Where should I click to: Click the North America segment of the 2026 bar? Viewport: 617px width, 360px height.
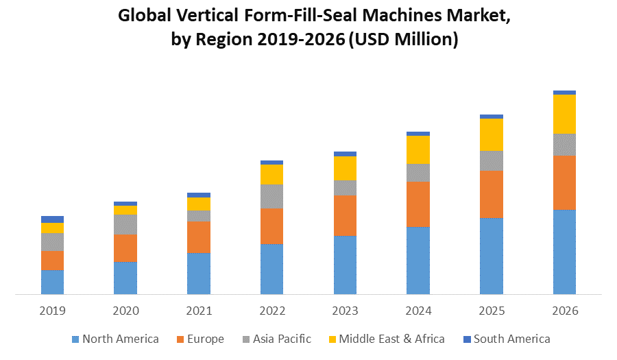(564, 252)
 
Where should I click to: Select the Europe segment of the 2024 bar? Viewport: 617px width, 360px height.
(418, 204)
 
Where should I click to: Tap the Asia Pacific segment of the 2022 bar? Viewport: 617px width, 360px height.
(272, 196)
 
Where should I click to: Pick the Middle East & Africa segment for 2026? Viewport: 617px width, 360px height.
(564, 114)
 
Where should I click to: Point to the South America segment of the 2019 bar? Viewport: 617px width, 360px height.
(53, 219)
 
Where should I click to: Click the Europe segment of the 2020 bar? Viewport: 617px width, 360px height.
(125, 248)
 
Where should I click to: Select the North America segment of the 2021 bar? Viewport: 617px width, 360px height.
(199, 274)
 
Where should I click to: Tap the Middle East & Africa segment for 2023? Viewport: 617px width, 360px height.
(345, 168)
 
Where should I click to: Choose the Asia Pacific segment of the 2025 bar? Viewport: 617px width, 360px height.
(492, 160)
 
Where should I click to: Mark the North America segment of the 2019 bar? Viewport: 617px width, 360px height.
(53, 282)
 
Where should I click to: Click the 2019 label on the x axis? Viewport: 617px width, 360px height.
(53, 311)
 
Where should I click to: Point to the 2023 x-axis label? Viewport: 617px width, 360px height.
(345, 311)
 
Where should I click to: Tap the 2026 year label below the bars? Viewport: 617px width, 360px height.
(564, 311)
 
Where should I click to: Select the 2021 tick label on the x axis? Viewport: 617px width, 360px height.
(199, 311)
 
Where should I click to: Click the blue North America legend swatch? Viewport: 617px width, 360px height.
(75, 339)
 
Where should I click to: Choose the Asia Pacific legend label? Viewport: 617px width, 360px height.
(282, 339)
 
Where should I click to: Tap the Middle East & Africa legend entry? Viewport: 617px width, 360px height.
(391, 339)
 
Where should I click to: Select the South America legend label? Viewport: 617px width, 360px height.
(511, 339)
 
